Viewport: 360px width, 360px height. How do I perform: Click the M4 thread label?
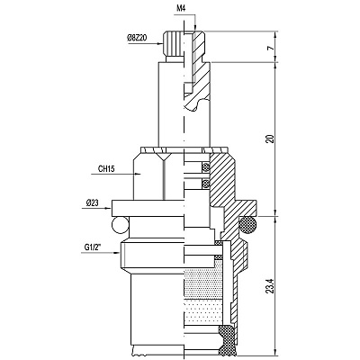pyautogui.click(x=181, y=8)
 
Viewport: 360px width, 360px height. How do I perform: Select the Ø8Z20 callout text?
pyautogui.click(x=137, y=38)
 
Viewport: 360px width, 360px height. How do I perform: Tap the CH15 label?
pyautogui.click(x=106, y=169)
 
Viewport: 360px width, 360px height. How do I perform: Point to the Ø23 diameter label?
pyautogui.click(x=92, y=203)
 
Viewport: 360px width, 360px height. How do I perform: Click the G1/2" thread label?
pyautogui.click(x=94, y=247)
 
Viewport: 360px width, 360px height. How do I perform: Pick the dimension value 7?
pyautogui.click(x=271, y=48)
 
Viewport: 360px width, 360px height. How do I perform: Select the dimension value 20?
pyautogui.click(x=271, y=139)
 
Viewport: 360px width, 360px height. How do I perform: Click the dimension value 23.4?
pyautogui.click(x=271, y=286)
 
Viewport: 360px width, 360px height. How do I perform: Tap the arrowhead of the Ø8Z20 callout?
pyautogui.click(x=159, y=44)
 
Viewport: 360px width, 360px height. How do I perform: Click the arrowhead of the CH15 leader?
pyautogui.click(x=138, y=174)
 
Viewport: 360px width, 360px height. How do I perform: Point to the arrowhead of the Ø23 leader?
pyautogui.click(x=108, y=208)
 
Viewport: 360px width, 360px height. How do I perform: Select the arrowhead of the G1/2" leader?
pyautogui.click(x=117, y=253)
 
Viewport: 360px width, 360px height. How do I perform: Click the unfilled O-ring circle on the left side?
pyautogui.click(x=120, y=226)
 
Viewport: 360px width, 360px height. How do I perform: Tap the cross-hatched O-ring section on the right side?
pyautogui.click(x=247, y=226)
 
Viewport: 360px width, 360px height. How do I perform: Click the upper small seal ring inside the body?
pyautogui.click(x=206, y=167)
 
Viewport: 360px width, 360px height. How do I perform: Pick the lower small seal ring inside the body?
pyautogui.click(x=206, y=183)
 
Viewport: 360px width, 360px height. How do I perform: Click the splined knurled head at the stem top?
pyautogui.click(x=173, y=43)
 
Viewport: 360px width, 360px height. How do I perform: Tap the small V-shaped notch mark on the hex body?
pyautogui.click(x=164, y=156)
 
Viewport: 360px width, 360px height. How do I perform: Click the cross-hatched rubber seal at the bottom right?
pyautogui.click(x=227, y=339)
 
